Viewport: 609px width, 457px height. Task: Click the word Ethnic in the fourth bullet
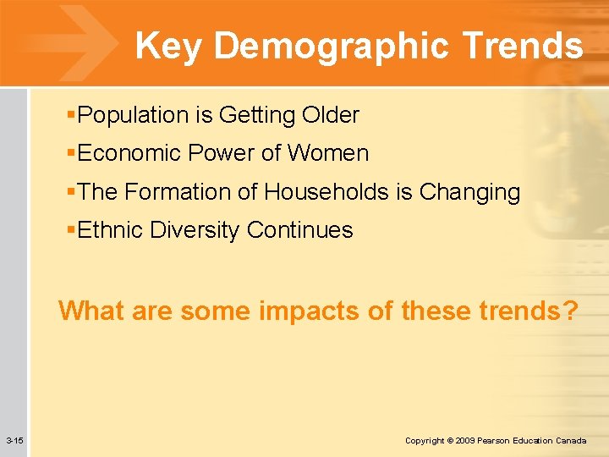pos(107,230)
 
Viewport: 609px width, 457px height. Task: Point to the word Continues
pos(300,230)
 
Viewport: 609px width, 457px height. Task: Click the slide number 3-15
pos(14,441)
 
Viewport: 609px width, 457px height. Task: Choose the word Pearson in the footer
pos(496,441)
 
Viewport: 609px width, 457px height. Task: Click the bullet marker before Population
pos(72,115)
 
